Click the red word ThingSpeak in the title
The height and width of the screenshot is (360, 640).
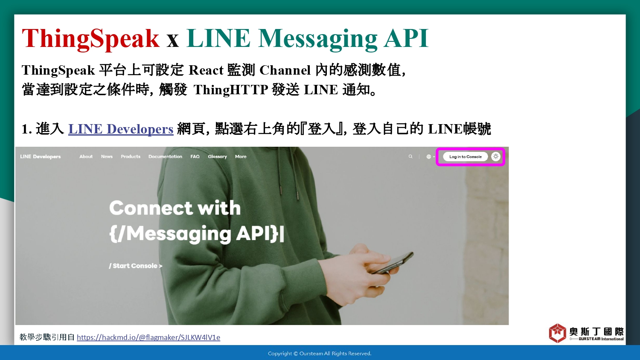pos(90,39)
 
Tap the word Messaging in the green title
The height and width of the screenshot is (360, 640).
pos(318,39)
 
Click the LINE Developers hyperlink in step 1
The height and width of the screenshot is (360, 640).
pos(121,129)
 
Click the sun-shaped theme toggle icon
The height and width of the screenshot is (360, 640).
pos(496,156)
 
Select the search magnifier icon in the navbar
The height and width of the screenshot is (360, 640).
pos(410,157)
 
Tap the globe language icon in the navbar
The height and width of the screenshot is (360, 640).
pos(428,157)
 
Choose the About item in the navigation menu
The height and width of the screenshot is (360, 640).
pos(86,157)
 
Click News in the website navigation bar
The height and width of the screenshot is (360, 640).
pos(107,157)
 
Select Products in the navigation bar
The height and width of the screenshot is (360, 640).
pos(131,157)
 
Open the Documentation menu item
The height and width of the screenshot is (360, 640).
pos(165,157)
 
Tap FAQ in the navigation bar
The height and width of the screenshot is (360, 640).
pos(195,157)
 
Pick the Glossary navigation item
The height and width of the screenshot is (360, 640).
pos(218,157)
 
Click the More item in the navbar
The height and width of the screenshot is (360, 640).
pos(241,157)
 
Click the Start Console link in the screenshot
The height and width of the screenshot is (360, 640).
pos(135,266)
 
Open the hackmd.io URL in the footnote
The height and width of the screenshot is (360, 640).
pos(148,337)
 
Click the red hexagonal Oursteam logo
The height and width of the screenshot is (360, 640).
pos(557,333)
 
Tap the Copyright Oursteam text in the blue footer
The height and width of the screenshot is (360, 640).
pos(320,354)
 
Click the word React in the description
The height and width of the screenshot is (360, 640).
pos(206,70)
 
